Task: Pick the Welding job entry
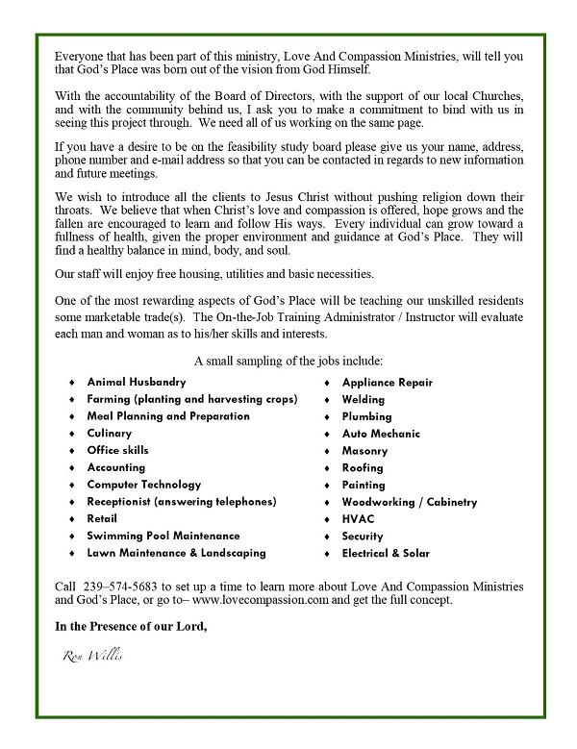click(364, 399)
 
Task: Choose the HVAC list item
click(359, 519)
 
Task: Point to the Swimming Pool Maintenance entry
click(163, 536)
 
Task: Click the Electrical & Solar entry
click(386, 553)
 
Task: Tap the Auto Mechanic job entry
click(381, 434)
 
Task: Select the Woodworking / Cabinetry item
click(409, 502)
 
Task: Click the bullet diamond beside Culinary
click(72, 434)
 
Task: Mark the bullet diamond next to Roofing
click(328, 468)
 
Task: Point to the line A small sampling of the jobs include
click(288, 361)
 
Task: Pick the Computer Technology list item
click(144, 485)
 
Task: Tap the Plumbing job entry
click(366, 416)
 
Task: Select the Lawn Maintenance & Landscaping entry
click(176, 553)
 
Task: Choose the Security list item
click(363, 536)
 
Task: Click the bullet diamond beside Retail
click(72, 519)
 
